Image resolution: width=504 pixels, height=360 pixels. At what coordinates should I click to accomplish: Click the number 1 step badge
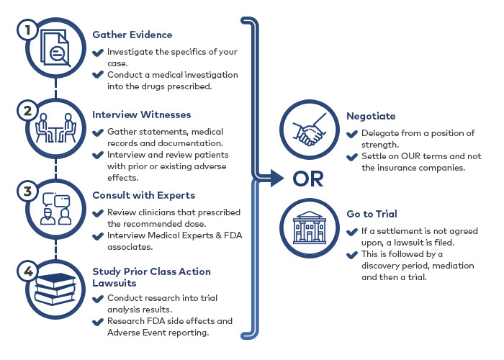click(27, 30)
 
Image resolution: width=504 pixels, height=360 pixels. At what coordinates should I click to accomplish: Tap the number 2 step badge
click(27, 111)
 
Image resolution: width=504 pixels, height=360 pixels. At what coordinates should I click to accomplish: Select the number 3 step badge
click(27, 192)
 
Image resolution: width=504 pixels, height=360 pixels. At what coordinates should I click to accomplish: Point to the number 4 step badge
click(27, 271)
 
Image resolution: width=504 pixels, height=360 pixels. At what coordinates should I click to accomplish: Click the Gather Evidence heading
click(132, 35)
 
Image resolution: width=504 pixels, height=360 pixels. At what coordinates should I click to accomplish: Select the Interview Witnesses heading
click(141, 114)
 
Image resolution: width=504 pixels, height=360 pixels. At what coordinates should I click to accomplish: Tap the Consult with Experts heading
click(144, 195)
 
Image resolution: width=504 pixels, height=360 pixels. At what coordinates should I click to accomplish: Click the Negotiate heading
click(371, 116)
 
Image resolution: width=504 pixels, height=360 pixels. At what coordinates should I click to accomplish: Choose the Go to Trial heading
click(372, 214)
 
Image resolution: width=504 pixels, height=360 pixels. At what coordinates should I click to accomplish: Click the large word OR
click(308, 179)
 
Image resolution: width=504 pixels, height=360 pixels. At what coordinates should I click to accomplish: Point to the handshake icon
click(309, 130)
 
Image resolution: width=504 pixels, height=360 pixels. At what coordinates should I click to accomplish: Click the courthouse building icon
click(309, 228)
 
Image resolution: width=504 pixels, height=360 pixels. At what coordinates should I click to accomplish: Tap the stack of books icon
click(55, 289)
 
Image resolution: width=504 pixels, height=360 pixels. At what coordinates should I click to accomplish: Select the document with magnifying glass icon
click(55, 48)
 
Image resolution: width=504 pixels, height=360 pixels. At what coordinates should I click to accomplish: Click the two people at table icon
click(55, 127)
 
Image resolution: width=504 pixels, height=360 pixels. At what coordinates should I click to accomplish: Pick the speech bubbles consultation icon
click(56, 208)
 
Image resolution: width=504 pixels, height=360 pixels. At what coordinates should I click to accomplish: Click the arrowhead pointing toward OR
click(277, 178)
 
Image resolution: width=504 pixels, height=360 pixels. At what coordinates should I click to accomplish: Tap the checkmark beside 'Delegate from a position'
click(352, 134)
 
